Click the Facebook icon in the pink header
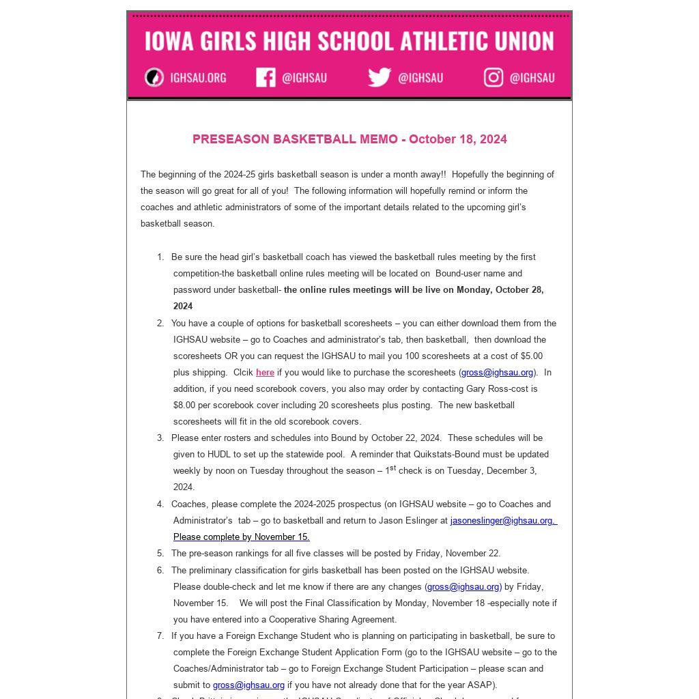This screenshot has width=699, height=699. click(266, 77)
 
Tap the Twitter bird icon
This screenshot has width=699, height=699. click(379, 77)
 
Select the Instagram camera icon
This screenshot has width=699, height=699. click(494, 77)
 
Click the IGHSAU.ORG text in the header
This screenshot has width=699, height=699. click(198, 78)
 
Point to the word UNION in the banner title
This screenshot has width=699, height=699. click(525, 41)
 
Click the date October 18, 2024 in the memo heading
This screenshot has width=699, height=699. click(457, 139)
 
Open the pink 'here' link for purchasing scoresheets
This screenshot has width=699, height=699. click(265, 373)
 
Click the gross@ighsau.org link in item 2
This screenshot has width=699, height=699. click(497, 373)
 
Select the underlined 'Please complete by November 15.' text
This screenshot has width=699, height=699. click(241, 537)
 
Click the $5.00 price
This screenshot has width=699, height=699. click(531, 356)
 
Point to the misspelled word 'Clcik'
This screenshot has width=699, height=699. click(244, 373)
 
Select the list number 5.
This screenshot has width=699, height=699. click(160, 554)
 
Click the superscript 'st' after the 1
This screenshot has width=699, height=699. click(393, 468)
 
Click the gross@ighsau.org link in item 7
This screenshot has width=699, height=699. click(248, 685)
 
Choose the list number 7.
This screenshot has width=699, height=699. click(160, 636)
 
